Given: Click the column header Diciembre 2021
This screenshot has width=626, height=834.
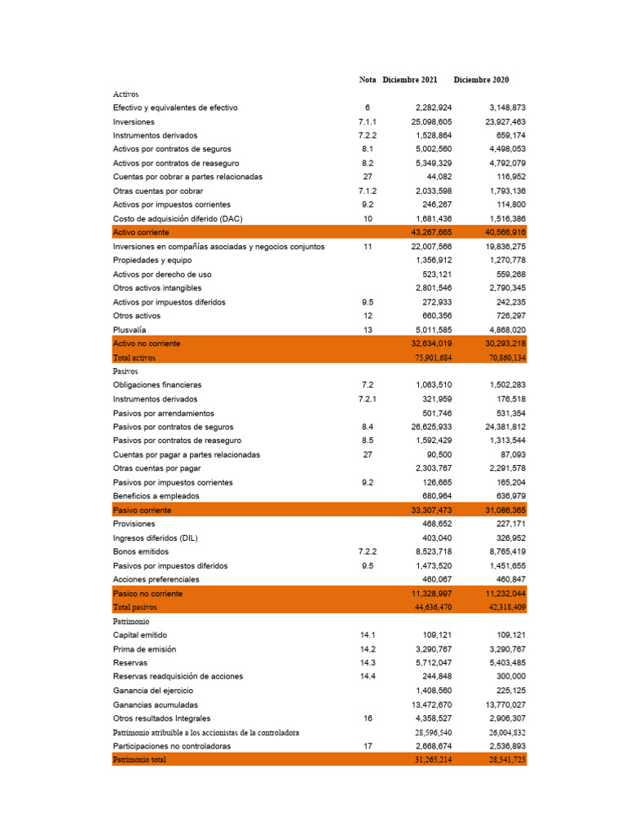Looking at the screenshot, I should pyautogui.click(x=409, y=80).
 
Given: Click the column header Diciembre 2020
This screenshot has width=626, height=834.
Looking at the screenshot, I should pyautogui.click(x=481, y=80).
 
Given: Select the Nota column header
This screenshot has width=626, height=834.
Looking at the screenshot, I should pyautogui.click(x=368, y=80).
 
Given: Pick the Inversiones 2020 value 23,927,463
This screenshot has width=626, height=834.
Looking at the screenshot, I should pyautogui.click(x=503, y=121).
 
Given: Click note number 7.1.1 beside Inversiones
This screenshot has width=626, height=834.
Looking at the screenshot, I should pyautogui.click(x=368, y=121).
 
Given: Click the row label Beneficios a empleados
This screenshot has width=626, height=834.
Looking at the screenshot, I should pyautogui.click(x=156, y=496).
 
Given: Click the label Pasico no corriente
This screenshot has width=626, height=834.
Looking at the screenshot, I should pyautogui.click(x=148, y=594).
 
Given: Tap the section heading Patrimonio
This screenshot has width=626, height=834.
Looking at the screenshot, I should pyautogui.click(x=130, y=621).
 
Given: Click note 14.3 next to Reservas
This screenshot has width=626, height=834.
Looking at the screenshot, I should pyautogui.click(x=368, y=663).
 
